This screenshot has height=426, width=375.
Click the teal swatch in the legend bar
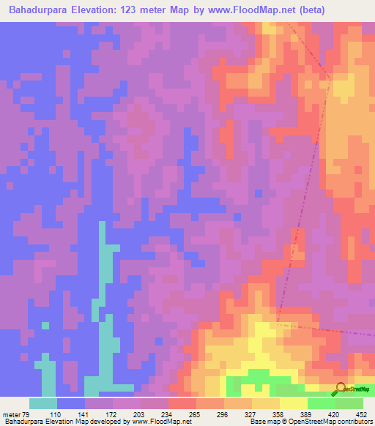click(x=43, y=403)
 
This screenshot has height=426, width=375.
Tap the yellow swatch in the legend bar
click(x=294, y=403)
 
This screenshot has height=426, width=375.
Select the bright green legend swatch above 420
click(x=322, y=403)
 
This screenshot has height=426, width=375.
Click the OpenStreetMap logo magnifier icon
click(x=340, y=389)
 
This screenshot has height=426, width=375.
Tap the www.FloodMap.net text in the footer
click(x=157, y=422)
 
